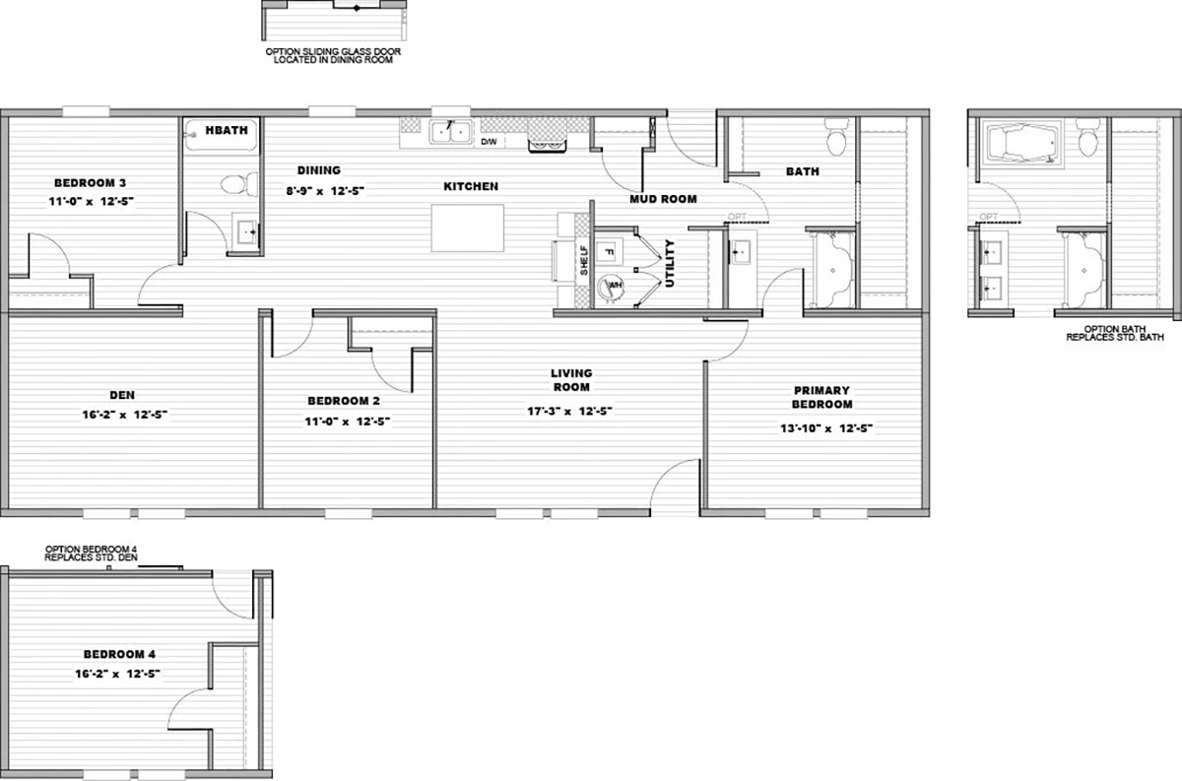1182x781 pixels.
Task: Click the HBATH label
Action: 227,130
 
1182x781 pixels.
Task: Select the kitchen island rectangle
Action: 467,228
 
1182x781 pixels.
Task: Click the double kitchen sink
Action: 450,132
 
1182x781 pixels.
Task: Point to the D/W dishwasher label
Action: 489,142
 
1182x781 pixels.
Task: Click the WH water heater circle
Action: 612,287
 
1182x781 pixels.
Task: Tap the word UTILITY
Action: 670,263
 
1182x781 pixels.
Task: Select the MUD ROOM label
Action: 663,199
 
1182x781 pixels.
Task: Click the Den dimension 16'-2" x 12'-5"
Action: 124,415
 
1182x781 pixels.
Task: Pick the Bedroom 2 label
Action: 344,401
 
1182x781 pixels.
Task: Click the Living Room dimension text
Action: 570,411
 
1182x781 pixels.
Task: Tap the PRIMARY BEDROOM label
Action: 821,397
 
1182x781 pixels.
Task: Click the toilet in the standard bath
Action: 836,137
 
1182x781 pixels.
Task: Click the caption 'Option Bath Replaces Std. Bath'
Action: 1115,333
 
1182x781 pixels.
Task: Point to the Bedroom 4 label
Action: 119,654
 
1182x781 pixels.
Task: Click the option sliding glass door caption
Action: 333,56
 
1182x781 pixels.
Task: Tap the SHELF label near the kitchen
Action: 584,260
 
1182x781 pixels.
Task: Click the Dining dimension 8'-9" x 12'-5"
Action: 326,191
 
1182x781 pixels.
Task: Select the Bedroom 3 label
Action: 91,183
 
